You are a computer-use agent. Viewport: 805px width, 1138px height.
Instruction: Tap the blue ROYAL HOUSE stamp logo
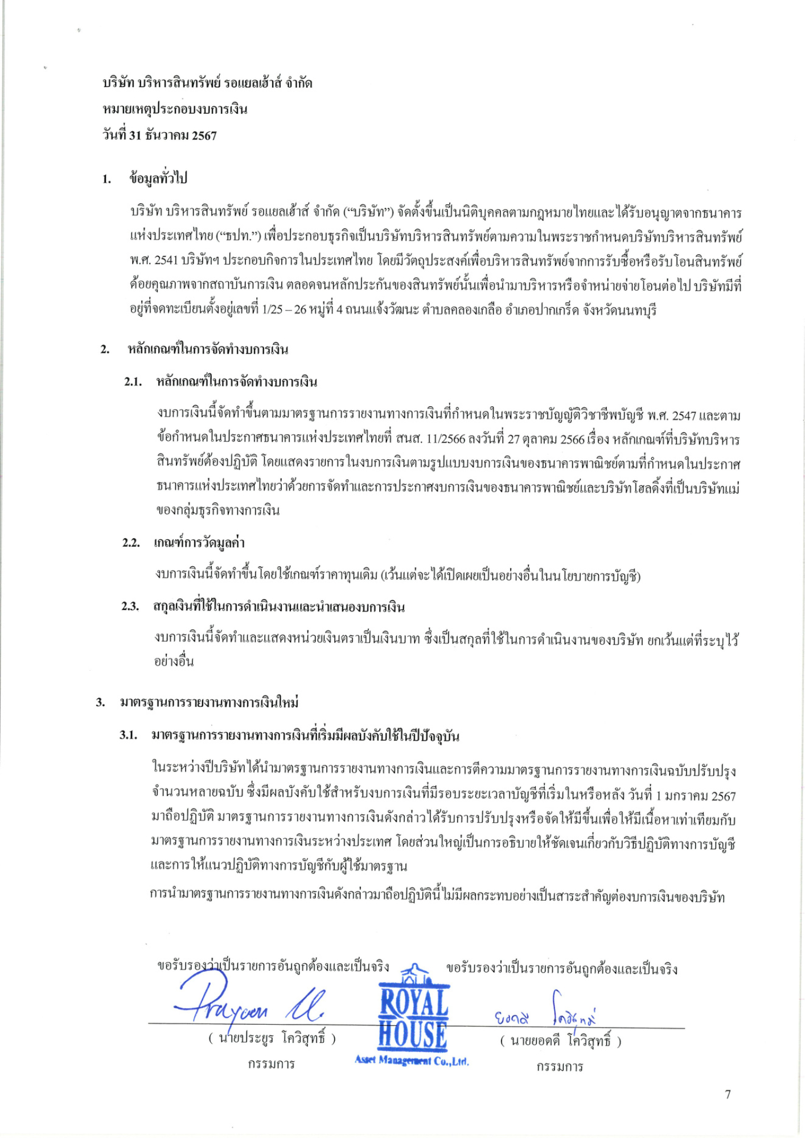pyautogui.click(x=413, y=1019)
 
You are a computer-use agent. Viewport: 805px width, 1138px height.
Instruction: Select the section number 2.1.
pyautogui.click(x=133, y=382)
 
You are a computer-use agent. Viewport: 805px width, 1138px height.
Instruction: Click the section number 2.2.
pyautogui.click(x=131, y=543)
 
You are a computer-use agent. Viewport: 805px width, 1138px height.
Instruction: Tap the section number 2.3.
pyautogui.click(x=130, y=607)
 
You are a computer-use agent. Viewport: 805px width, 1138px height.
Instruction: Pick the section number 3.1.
pyautogui.click(x=129, y=735)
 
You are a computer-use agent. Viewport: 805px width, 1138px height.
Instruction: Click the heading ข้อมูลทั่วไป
pyautogui.click(x=158, y=179)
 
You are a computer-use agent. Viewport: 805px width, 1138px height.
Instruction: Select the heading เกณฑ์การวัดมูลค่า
pyautogui.click(x=199, y=543)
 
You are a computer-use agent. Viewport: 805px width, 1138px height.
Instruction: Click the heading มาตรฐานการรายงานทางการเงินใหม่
pyautogui.click(x=210, y=703)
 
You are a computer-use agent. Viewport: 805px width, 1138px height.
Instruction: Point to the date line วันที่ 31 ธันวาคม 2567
pyautogui.click(x=159, y=135)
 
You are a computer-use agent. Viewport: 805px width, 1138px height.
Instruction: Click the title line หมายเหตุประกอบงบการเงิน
pyautogui.click(x=175, y=109)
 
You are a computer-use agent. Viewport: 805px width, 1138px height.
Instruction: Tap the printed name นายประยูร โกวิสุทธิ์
pyautogui.click(x=272, y=1038)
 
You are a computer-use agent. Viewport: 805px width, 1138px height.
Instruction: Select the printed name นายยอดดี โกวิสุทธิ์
pyautogui.click(x=561, y=1041)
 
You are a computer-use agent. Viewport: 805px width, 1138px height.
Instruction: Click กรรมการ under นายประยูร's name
pyautogui.click(x=271, y=1064)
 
